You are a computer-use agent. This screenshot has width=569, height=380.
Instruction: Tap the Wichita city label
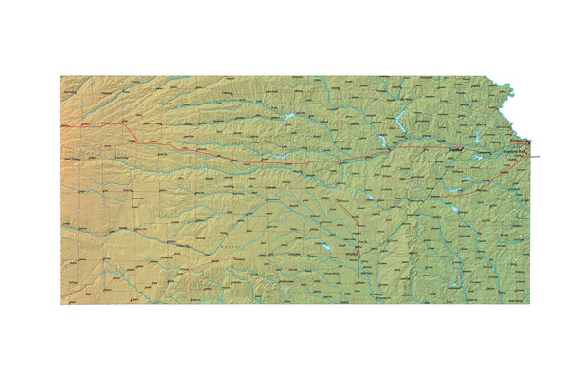coord(352,255)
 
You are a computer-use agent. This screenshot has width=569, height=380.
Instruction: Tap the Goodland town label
coord(75,123)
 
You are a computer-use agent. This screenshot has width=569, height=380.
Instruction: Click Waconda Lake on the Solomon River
coord(287,117)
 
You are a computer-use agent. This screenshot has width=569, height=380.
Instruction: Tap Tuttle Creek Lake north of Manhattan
coord(401,122)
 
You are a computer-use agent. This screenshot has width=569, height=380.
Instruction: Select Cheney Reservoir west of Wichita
coord(325,248)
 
